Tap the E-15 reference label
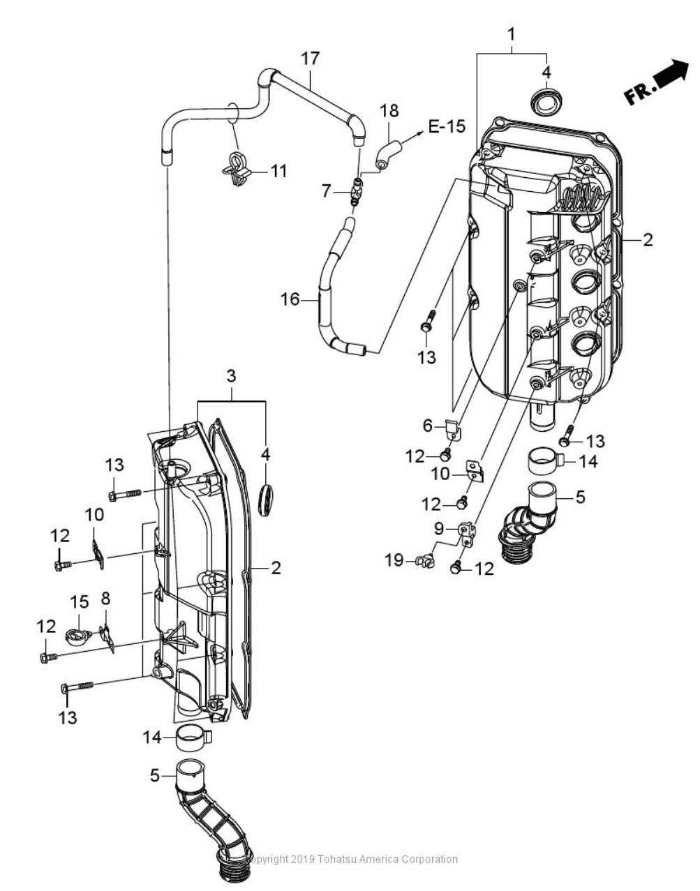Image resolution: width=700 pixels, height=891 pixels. [446, 126]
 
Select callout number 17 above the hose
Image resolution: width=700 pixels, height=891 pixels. [311, 59]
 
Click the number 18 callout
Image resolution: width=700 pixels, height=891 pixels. [389, 110]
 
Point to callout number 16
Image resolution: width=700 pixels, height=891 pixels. [290, 299]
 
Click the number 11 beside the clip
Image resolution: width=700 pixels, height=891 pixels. [279, 171]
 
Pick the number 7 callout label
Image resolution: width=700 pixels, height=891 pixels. [327, 190]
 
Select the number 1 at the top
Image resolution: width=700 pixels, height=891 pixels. [512, 33]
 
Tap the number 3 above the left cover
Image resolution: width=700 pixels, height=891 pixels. [231, 376]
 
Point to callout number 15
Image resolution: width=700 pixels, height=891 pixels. [80, 601]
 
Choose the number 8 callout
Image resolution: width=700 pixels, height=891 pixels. [106, 599]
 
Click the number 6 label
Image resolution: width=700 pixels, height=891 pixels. [429, 425]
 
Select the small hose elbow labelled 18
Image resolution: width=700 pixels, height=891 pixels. [388, 153]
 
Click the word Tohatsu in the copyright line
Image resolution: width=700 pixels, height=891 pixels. [343, 859]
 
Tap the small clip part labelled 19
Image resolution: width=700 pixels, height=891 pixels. [423, 559]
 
